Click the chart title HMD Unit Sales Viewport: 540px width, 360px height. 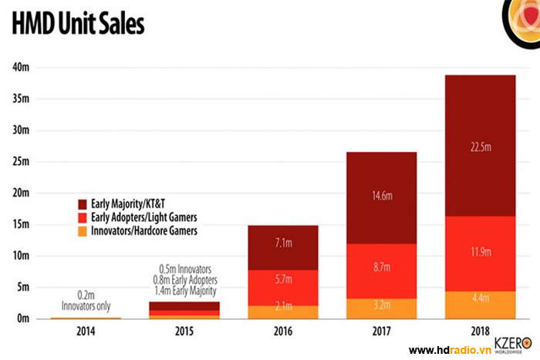(x=78, y=25)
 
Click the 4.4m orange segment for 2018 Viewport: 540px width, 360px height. (x=480, y=304)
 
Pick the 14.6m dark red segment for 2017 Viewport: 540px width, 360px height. (x=381, y=197)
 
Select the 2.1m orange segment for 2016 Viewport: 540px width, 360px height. (x=282, y=311)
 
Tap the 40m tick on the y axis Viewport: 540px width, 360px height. (x=21, y=67)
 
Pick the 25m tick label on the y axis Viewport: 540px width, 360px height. (x=21, y=162)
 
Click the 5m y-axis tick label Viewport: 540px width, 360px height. (x=23, y=288)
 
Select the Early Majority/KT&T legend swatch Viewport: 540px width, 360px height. (x=83, y=204)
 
